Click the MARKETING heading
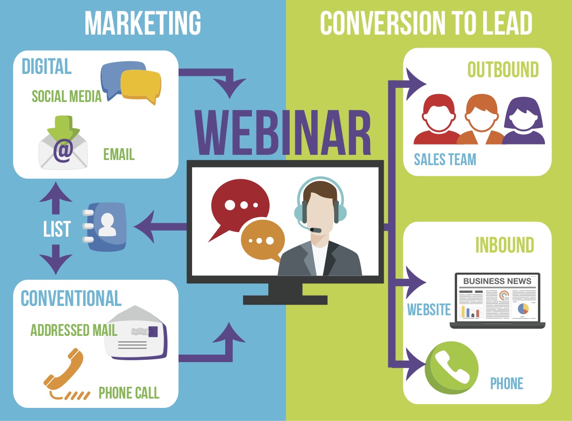pos(143,23)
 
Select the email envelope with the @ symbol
pos(63,143)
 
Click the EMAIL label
pos(119,154)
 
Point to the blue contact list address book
pos(105,227)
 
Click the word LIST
pos(57,229)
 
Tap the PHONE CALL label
pos(129,393)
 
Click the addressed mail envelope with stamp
pos(136,333)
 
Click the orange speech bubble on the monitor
pos(263,240)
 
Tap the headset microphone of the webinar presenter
pos(315,230)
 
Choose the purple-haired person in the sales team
pos(523,121)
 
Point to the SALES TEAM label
pos(445,159)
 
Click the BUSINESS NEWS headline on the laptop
pos(497,281)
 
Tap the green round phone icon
pos(451,368)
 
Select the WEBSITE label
pos(429,310)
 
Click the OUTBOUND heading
pos(503,69)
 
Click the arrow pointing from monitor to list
pos(160,226)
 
